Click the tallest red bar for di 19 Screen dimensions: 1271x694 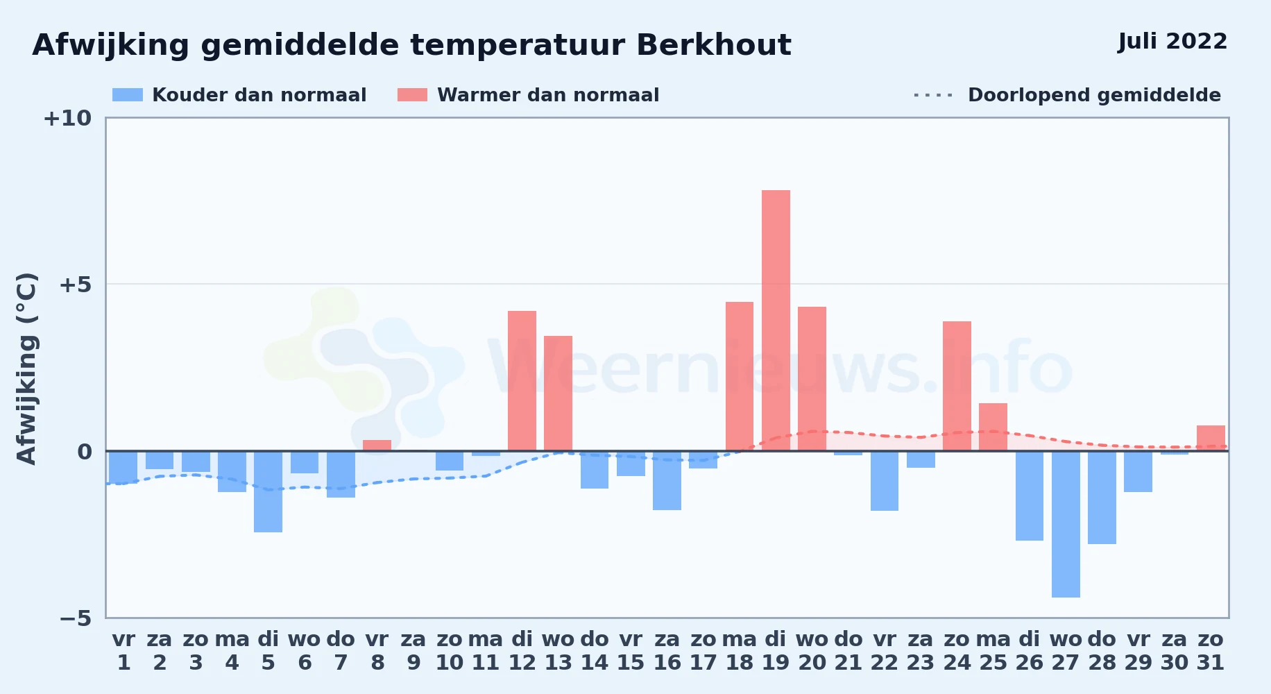click(x=776, y=321)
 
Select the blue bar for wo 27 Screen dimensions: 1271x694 click(x=1066, y=524)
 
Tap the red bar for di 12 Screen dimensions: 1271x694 click(x=522, y=381)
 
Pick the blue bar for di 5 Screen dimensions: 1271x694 click(x=268, y=491)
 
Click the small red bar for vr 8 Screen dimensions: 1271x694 click(x=377, y=446)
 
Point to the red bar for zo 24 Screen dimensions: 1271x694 click(x=957, y=386)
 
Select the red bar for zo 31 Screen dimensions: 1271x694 click(x=1211, y=438)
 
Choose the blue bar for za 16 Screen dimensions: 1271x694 click(x=667, y=480)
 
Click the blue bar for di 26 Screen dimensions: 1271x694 click(x=1030, y=496)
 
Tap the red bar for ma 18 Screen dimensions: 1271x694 click(x=740, y=376)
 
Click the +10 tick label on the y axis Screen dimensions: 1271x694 click(x=67, y=118)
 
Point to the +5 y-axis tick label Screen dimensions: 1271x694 click(x=75, y=285)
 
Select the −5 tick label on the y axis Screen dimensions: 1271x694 click(x=75, y=618)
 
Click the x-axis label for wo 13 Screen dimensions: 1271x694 click(x=558, y=651)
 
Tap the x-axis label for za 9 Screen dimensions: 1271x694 click(x=413, y=651)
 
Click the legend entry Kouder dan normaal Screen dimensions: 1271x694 click(x=239, y=95)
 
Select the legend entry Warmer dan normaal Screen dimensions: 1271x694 click(x=528, y=95)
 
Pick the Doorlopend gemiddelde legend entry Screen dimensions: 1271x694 click(x=1067, y=95)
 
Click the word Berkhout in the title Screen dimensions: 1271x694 click(x=713, y=45)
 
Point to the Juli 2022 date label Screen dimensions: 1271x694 click(x=1172, y=42)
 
